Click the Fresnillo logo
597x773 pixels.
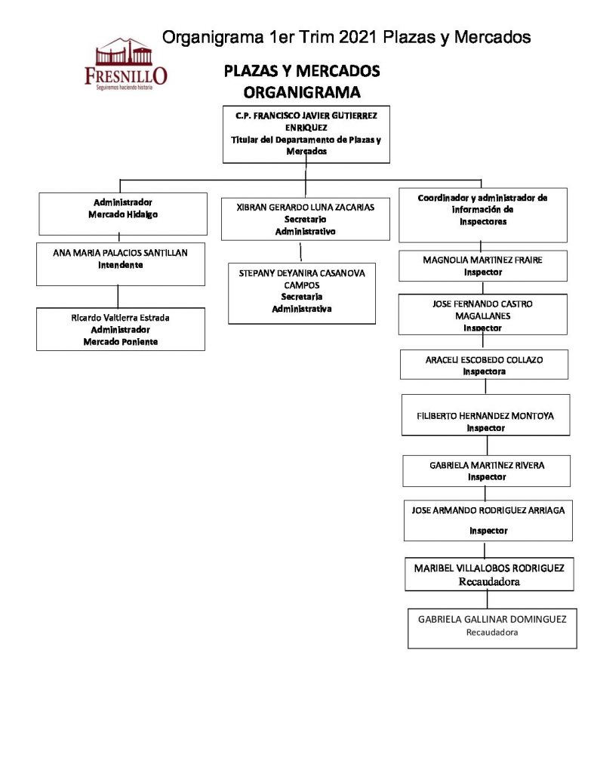click(126, 65)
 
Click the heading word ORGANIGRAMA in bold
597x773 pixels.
click(301, 92)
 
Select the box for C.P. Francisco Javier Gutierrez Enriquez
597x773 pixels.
click(306, 134)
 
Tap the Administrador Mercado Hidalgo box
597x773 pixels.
click(123, 213)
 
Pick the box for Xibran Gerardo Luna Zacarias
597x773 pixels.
click(305, 219)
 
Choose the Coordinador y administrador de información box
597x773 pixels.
click(482, 214)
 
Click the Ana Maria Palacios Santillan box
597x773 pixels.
click(120, 263)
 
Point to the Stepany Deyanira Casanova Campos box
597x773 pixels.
click(301, 292)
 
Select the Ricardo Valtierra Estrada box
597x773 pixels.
click(120, 329)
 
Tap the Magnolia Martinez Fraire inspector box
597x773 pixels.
click(482, 266)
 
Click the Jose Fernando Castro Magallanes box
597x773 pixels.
click(482, 316)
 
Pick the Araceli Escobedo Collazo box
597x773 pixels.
click(484, 365)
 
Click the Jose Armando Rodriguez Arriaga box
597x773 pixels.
click(488, 520)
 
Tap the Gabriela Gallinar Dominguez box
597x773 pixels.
click(491, 628)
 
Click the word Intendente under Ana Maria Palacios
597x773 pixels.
click(120, 266)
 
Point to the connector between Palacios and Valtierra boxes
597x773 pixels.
click(118, 297)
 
